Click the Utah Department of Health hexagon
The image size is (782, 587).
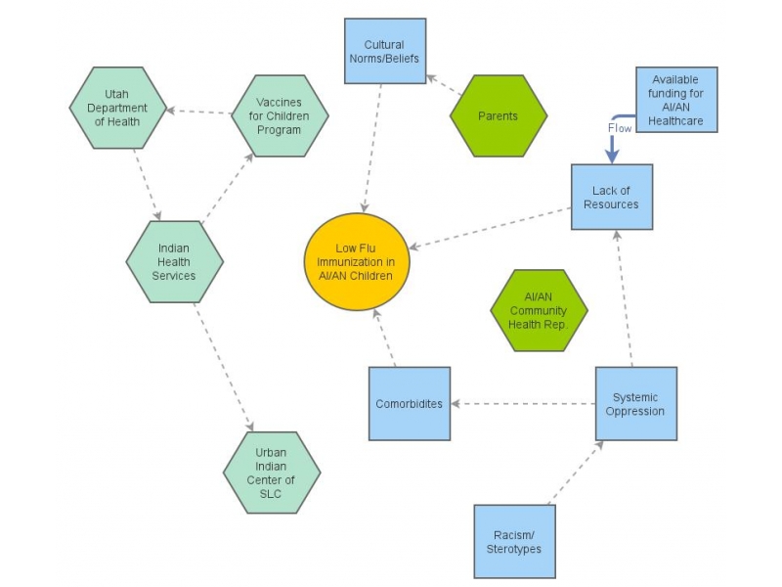click(x=118, y=108)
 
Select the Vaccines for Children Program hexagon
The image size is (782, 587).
click(x=280, y=115)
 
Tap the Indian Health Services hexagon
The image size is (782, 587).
click(x=175, y=261)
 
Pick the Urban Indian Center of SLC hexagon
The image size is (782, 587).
click(x=272, y=473)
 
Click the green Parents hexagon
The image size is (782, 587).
click(x=498, y=116)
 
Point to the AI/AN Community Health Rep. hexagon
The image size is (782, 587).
click(x=539, y=310)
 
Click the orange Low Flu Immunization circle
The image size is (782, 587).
click(x=356, y=262)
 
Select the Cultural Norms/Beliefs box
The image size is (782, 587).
click(x=384, y=52)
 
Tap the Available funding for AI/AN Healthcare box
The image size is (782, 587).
click(x=676, y=100)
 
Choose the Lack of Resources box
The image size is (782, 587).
click(x=612, y=198)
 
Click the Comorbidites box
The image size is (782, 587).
click(x=410, y=403)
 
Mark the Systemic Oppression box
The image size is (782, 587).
click(x=635, y=404)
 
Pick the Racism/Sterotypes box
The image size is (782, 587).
click(x=514, y=541)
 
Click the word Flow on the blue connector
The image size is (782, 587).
click(x=620, y=127)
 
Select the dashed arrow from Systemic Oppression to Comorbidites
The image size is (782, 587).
click(x=523, y=403)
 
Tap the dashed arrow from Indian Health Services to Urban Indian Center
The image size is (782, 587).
click(x=224, y=367)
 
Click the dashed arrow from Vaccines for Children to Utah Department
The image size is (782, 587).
click(x=199, y=112)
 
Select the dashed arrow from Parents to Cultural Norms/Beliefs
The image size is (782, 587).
click(x=445, y=86)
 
